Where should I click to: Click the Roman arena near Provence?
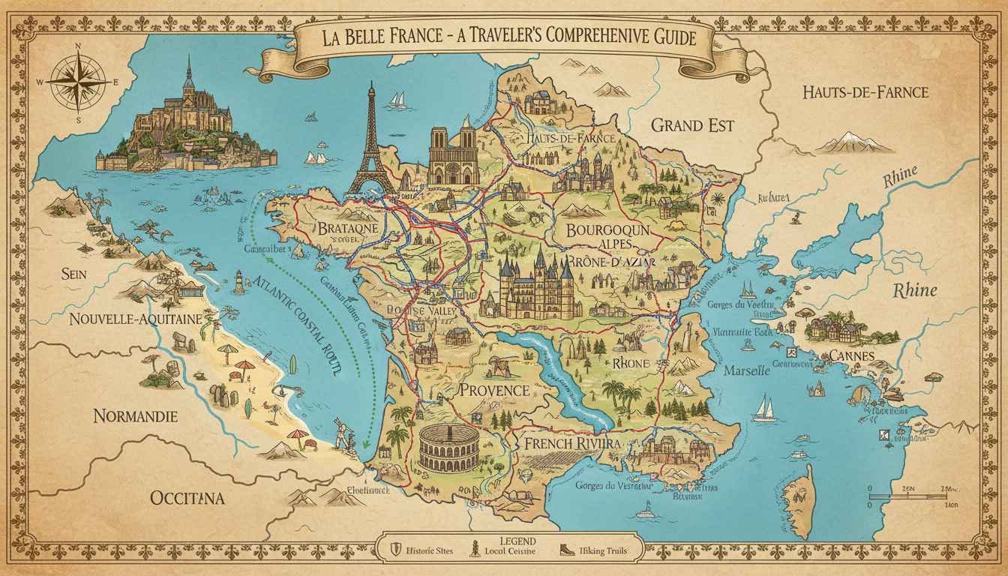[x=450, y=448]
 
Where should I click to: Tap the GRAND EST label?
[x=691, y=124]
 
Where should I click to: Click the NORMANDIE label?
[x=136, y=415]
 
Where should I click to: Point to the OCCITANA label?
[x=187, y=497]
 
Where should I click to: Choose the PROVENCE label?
[x=494, y=389]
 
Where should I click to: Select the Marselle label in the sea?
[x=746, y=370]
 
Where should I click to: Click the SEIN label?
[x=75, y=274]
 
